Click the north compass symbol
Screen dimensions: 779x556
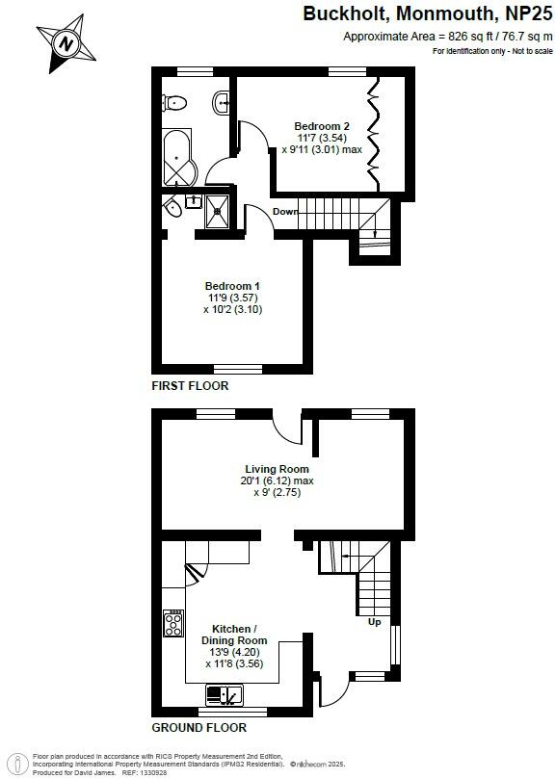coord(66,43)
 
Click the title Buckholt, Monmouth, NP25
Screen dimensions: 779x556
coord(429,13)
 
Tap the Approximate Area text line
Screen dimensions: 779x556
coord(449,36)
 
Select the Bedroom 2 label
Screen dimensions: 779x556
coord(321,126)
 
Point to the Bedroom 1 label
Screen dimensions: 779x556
coord(232,286)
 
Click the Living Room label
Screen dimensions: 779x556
coord(279,469)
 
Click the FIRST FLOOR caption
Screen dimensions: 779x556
coord(190,385)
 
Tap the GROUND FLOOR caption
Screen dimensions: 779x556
coord(199,727)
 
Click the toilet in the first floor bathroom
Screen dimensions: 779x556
coord(173,102)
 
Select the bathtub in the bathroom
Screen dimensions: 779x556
coord(178,159)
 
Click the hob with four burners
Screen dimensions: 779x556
coord(173,624)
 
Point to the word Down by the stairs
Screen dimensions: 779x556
coord(284,212)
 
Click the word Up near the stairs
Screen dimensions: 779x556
coord(375,622)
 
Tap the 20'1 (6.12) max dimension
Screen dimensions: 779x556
coord(279,480)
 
